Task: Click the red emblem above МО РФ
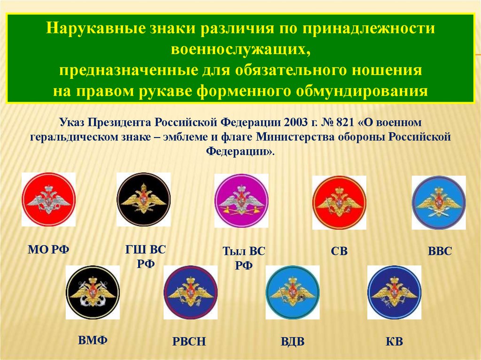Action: point(48,199)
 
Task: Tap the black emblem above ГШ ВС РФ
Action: point(144,199)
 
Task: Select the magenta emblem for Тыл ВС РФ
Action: point(241,201)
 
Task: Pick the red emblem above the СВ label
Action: point(339,203)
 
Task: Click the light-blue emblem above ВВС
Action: point(438,202)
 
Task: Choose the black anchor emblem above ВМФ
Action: point(93,292)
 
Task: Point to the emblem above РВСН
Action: point(190,292)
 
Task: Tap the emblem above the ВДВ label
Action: point(292,292)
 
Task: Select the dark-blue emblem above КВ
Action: point(394,292)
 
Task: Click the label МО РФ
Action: point(48,250)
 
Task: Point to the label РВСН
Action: point(189,341)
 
